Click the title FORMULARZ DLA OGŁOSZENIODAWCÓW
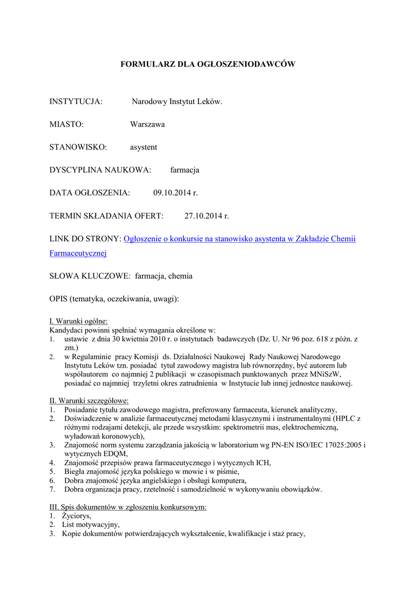tap(207, 64)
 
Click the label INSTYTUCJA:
tap(76, 102)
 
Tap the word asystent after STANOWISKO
tap(143, 147)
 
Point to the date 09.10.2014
tap(171, 193)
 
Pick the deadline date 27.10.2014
tap(202, 216)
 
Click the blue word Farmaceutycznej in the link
tap(78, 253)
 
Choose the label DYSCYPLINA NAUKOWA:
tap(100, 170)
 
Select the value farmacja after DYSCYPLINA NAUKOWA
tap(184, 170)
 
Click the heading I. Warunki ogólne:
tap(79, 322)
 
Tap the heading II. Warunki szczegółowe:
tap(89, 400)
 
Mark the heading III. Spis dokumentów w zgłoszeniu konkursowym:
tap(128, 507)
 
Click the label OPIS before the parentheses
tap(58, 299)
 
